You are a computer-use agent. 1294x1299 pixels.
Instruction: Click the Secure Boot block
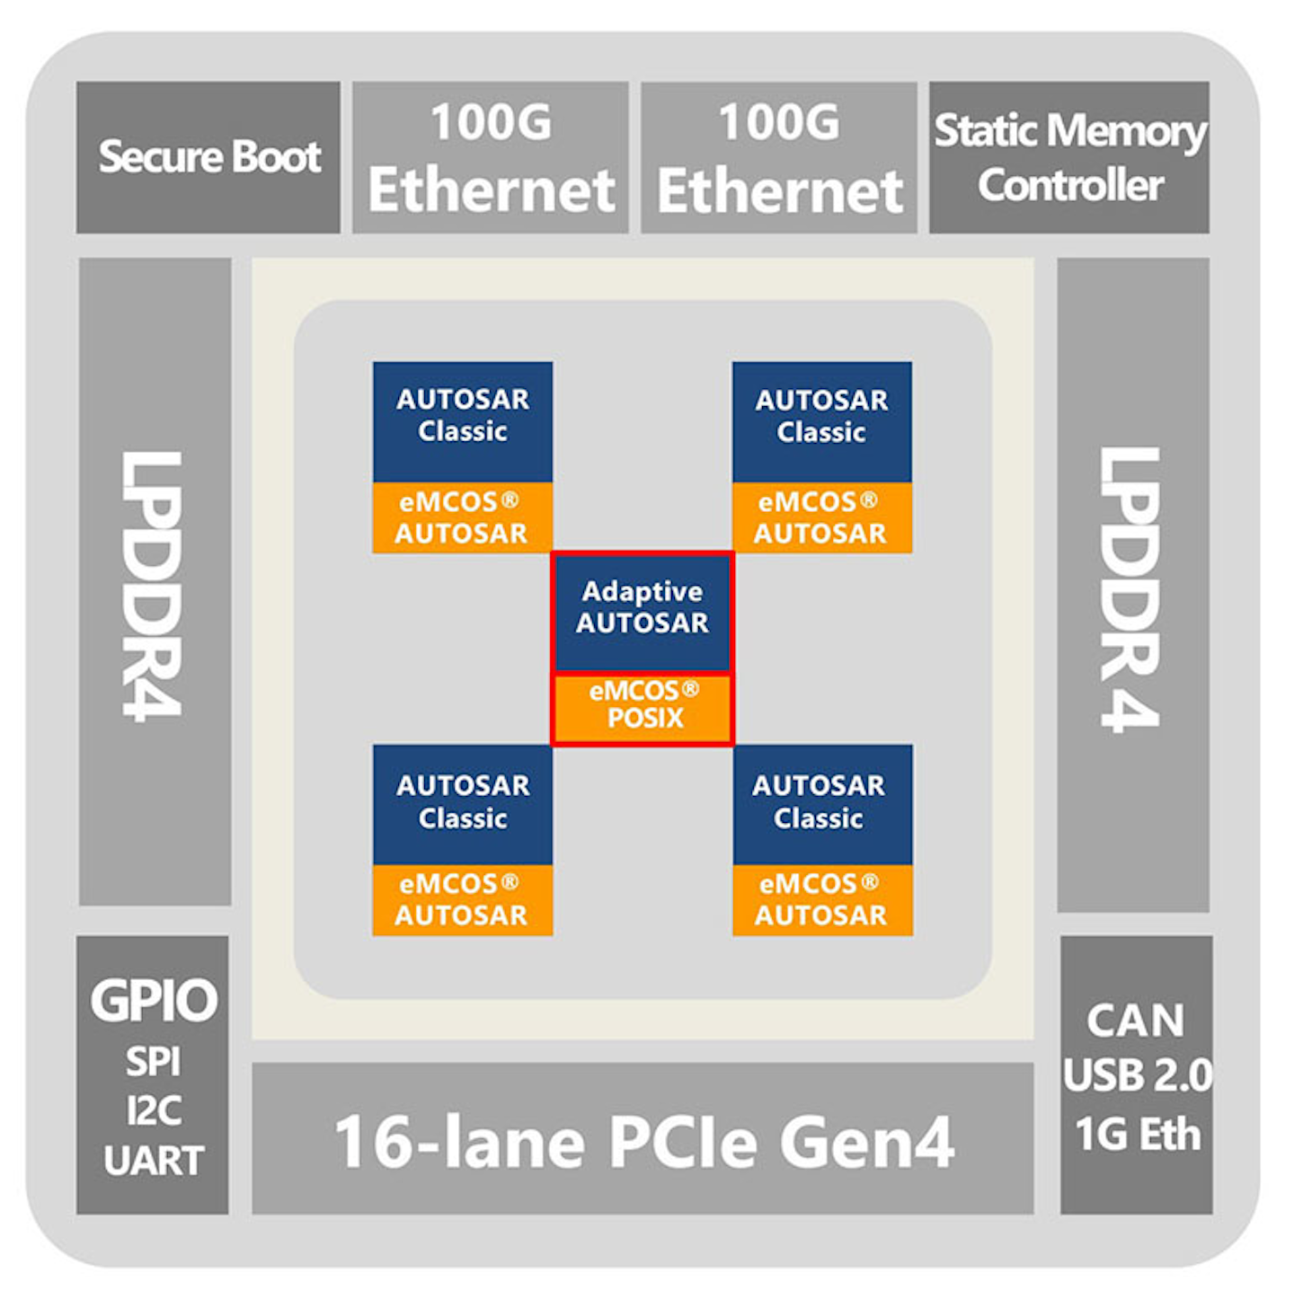click(x=208, y=157)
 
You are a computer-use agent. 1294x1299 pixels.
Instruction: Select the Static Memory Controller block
click(x=1069, y=157)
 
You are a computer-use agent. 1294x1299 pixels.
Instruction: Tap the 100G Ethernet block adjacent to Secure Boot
click(x=491, y=157)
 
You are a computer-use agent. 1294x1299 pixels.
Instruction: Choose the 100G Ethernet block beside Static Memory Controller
click(x=779, y=157)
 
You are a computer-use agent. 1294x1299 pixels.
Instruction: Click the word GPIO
click(x=154, y=1000)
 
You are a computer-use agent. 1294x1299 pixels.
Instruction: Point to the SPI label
click(x=153, y=1062)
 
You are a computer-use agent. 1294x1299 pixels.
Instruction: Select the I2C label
click(x=154, y=1111)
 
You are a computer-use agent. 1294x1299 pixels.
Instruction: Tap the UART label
click(x=154, y=1161)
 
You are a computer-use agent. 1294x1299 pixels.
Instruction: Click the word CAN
click(x=1136, y=1021)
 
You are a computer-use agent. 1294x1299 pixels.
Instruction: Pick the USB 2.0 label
click(x=1138, y=1075)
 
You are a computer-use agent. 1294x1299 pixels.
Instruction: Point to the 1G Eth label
click(x=1138, y=1134)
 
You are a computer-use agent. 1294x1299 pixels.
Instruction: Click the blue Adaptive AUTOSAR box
click(x=643, y=611)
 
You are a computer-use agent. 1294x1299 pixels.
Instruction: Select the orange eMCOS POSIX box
click(x=643, y=708)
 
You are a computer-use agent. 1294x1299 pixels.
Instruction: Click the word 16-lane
click(x=458, y=1142)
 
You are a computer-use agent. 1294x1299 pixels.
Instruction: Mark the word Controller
click(x=1070, y=186)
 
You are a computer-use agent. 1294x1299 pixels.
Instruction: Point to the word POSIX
click(x=645, y=719)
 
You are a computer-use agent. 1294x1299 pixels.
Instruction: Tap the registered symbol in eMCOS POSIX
click(x=690, y=689)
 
